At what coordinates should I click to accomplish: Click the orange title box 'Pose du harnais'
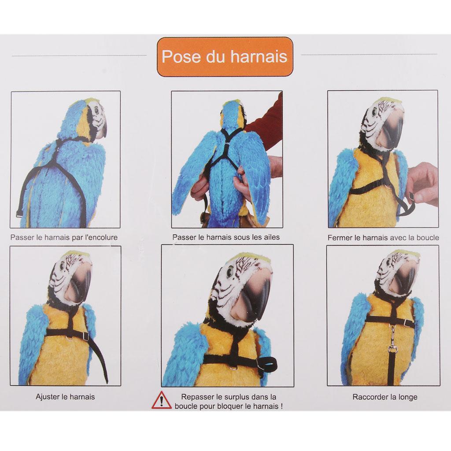(225, 57)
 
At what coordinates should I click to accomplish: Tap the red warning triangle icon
(162, 400)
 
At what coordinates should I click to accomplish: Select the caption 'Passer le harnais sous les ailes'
(226, 237)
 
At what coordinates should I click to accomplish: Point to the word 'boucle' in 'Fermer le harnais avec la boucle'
(427, 238)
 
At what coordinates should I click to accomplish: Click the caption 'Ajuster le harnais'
(65, 397)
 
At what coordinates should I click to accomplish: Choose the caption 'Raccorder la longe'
(385, 397)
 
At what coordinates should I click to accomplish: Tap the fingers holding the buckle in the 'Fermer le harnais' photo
(423, 184)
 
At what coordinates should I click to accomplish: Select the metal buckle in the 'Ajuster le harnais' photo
(85, 335)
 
